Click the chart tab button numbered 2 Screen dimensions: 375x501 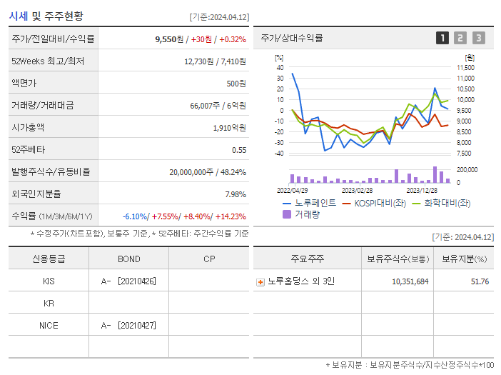tap(460, 38)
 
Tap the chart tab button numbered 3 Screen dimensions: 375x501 tap(478, 38)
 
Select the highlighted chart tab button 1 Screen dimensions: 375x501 tap(442, 38)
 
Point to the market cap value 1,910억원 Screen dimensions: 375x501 tap(230, 128)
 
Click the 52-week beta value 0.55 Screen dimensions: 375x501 tap(239, 150)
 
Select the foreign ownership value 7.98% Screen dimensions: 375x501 tap(235, 194)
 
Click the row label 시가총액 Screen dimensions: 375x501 tap(28, 128)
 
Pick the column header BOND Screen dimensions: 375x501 tap(128, 259)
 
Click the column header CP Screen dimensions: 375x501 tap(209, 259)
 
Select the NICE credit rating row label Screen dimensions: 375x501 tap(49, 325)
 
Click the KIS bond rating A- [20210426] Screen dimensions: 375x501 tap(128, 281)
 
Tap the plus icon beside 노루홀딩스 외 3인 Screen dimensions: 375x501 tap(260, 281)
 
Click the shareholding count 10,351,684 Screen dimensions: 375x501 tap(410, 281)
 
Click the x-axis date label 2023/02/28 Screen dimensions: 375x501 tap(357, 191)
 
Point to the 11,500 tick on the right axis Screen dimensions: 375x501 tap(465, 67)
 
